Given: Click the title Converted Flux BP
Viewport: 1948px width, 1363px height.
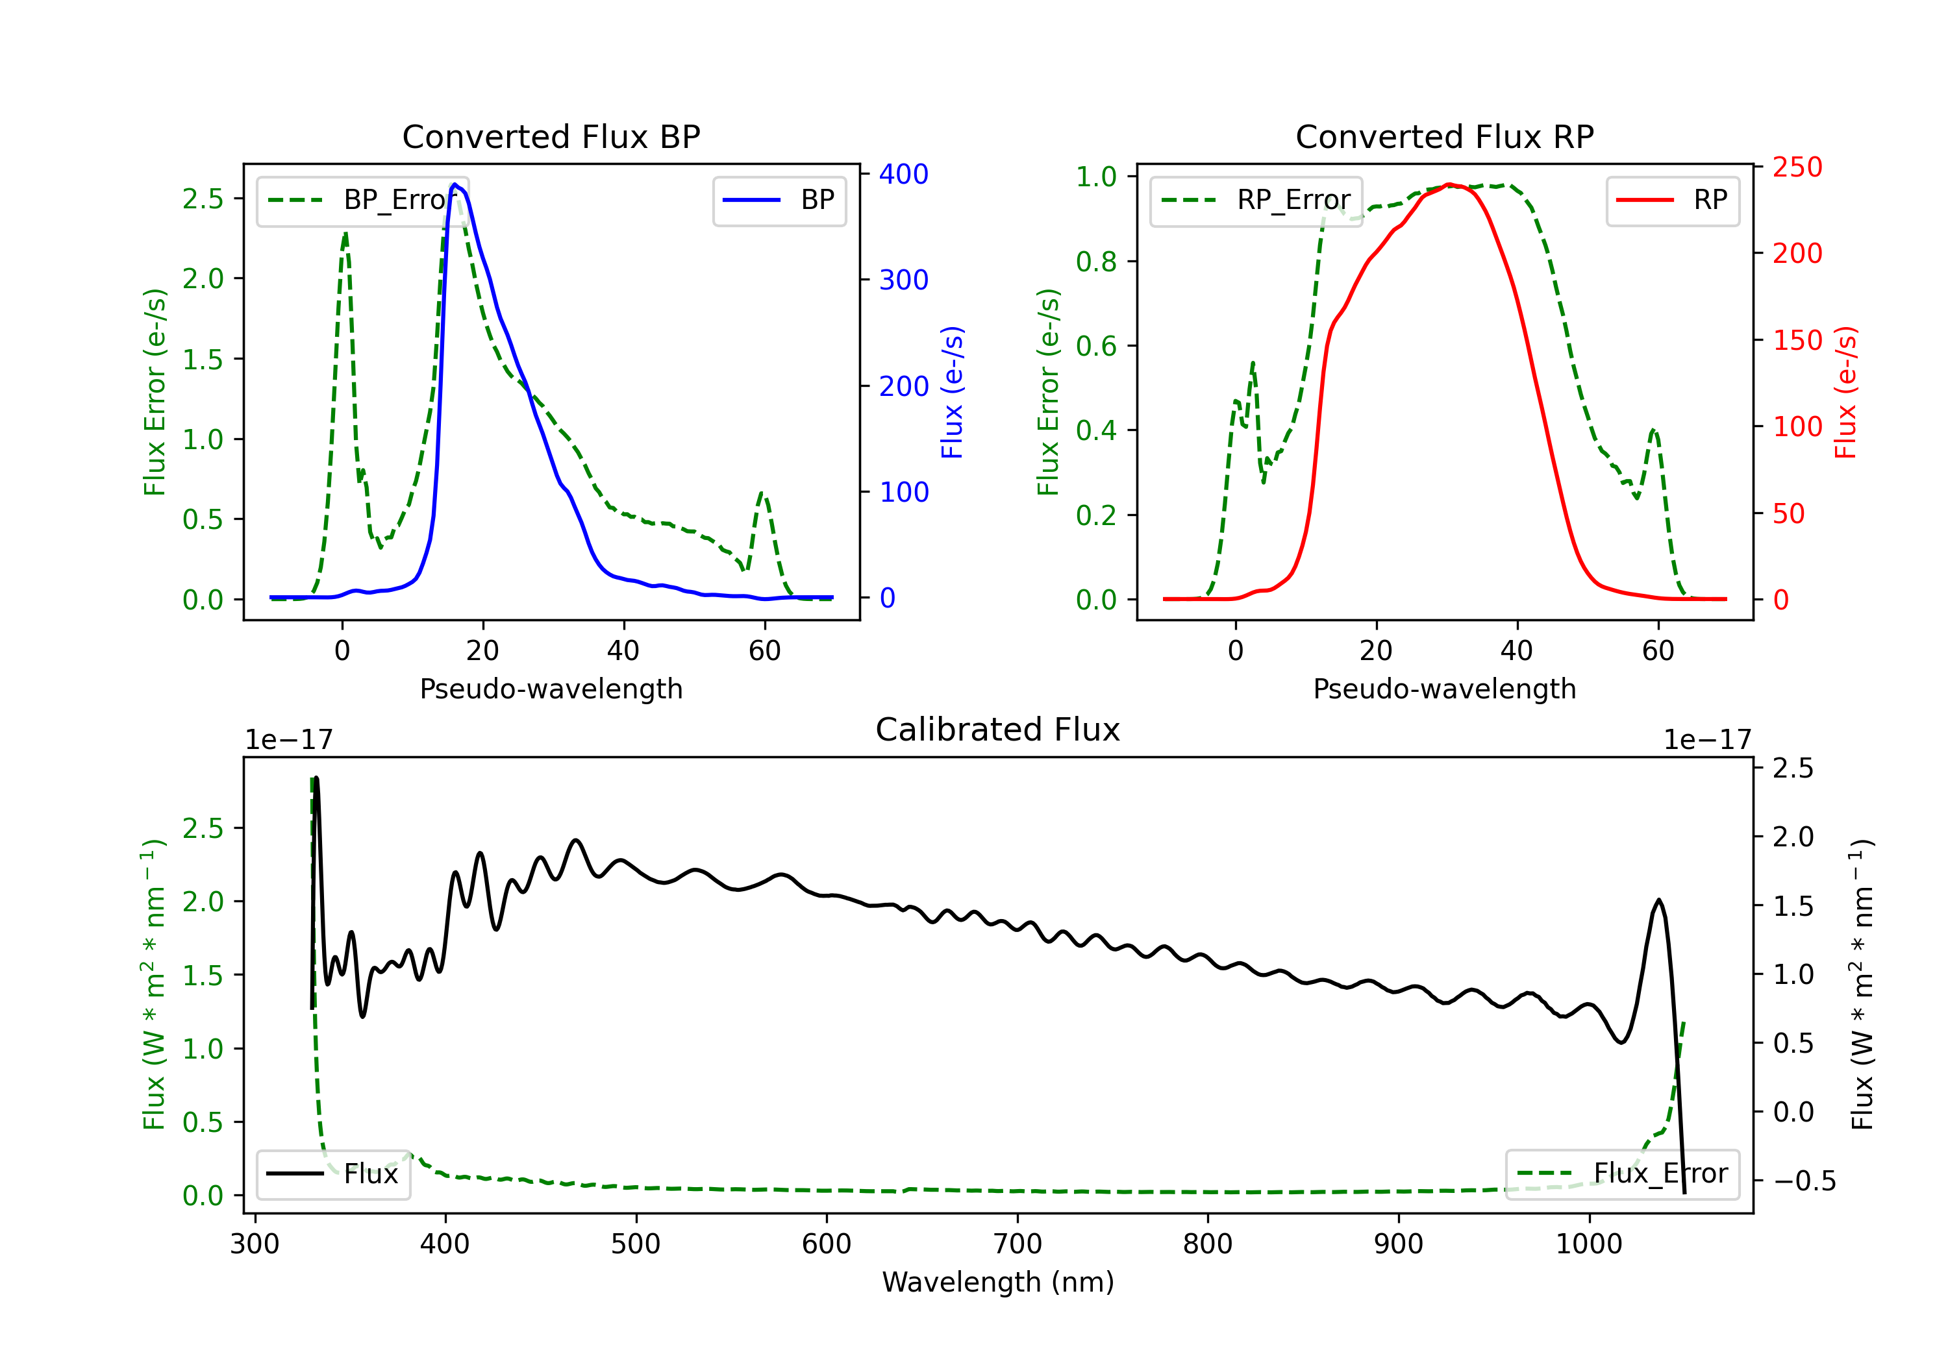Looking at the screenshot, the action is click(551, 136).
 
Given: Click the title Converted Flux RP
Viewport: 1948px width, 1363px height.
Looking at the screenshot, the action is click(1444, 136).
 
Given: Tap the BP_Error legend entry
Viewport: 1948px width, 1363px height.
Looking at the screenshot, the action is click(362, 200).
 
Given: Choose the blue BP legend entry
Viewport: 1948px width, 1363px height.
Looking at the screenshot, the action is click(779, 200).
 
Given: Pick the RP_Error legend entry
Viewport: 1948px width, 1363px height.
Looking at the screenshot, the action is click(1256, 200).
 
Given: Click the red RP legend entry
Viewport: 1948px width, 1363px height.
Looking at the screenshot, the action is click(1672, 200).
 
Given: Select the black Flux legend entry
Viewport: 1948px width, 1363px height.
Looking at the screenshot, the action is click(332, 1174).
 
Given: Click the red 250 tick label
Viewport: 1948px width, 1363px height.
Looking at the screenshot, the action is click(1797, 167).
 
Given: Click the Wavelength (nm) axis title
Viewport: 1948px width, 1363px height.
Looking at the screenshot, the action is click(998, 1282).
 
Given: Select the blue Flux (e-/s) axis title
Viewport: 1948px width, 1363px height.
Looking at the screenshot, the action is click(952, 392).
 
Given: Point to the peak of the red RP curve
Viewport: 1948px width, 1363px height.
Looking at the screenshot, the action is click(1449, 184).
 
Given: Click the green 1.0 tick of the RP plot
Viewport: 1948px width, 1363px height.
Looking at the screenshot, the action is click(1096, 177).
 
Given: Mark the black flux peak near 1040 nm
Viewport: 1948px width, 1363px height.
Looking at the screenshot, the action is click(1658, 900).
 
